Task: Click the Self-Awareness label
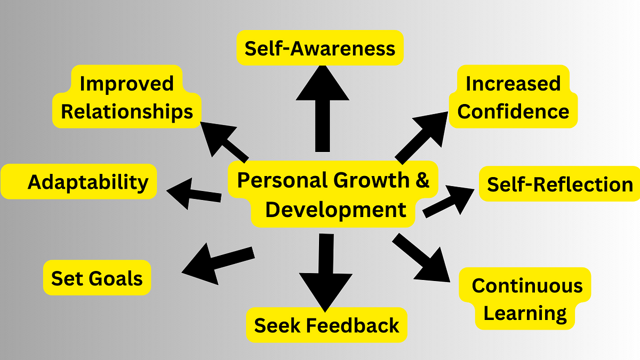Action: coord(320,48)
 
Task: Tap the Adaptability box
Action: coord(79,181)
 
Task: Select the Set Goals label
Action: coord(97,278)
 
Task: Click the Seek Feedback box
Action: coord(326,325)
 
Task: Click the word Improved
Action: coord(126,84)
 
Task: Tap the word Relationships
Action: coord(127,111)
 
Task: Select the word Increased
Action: coord(513,83)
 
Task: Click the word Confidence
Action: coord(513,111)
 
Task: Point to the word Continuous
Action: coord(527,285)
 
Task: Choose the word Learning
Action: coord(525,314)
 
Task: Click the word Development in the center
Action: coord(335,210)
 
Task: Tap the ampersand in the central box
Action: coord(422,180)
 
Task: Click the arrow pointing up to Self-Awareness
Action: coord(323,109)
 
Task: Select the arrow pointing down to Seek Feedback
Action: coord(326,273)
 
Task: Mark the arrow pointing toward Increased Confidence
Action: coord(421,138)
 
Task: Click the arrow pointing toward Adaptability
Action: coord(194,194)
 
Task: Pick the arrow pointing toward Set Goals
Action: coord(218,263)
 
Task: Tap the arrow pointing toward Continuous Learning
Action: coord(421,258)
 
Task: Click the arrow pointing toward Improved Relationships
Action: coord(225,142)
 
